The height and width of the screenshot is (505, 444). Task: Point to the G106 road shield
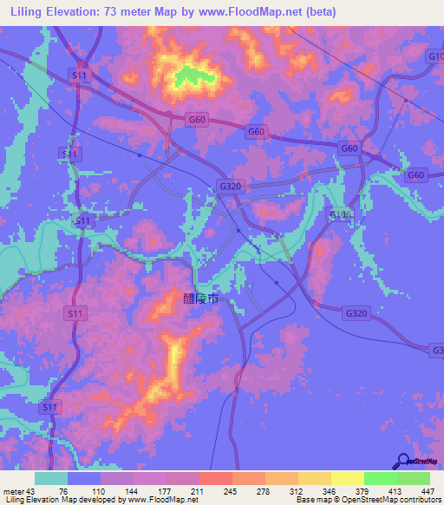pos(338,214)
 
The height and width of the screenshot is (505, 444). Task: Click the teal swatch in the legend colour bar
pos(51,478)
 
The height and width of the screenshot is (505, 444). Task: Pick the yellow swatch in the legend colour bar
pos(347,478)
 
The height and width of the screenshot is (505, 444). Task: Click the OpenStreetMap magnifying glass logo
pos(402,462)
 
